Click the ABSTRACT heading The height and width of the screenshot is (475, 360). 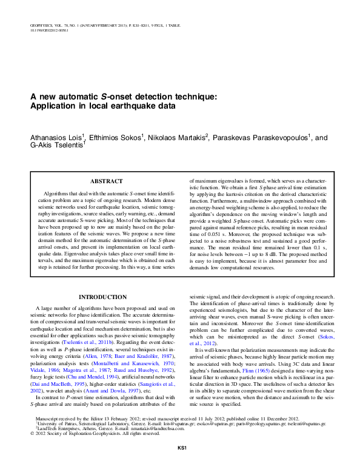106,181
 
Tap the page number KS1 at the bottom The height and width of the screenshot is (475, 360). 180,465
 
